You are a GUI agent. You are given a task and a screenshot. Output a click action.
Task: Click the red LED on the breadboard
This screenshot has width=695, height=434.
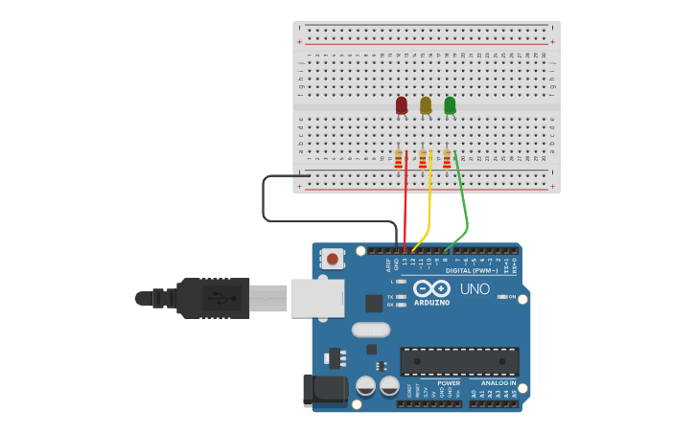pos(401,104)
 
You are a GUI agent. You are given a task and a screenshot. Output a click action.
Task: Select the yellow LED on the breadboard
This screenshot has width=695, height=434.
pos(426,104)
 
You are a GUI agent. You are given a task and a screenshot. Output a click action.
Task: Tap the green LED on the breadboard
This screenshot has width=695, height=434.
pos(450,104)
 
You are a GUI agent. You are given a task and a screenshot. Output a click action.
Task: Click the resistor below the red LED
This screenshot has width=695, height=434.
pos(399,159)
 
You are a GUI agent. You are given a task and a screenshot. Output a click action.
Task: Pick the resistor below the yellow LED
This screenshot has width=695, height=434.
pos(423,159)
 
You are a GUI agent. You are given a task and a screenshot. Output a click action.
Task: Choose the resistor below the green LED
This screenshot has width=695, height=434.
pos(447,159)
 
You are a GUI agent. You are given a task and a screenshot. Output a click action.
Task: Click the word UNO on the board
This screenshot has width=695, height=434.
pos(475,288)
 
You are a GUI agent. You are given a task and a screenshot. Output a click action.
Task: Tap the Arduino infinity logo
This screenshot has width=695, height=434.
pos(431,287)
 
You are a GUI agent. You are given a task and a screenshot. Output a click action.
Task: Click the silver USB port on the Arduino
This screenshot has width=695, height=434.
pos(316,298)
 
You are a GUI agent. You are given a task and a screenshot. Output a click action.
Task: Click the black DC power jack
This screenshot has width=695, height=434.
pos(324,389)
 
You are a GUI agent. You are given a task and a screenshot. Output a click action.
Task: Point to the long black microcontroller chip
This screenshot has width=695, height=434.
pos(459,361)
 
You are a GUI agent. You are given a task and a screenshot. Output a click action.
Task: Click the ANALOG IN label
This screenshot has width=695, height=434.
pos(498,383)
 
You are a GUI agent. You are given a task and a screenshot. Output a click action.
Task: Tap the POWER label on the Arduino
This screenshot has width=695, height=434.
pos(449,383)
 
